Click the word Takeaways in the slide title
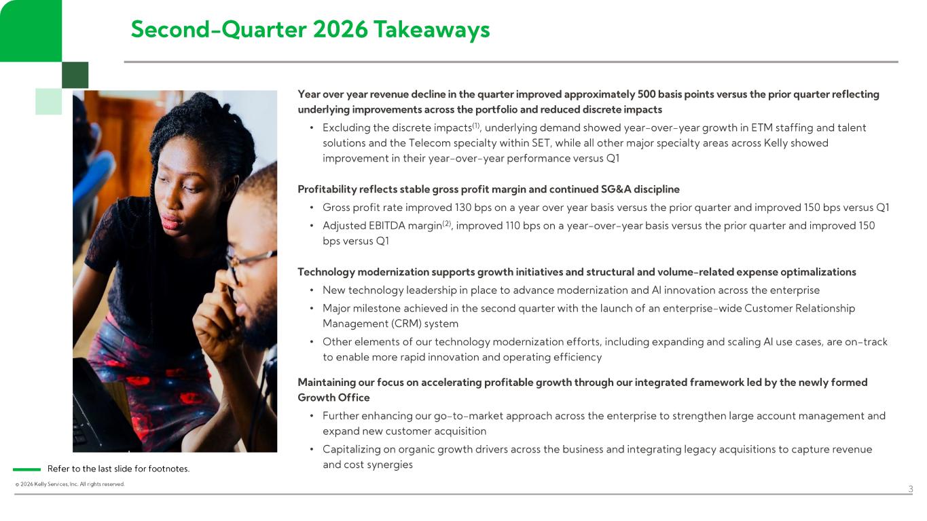pos(432,30)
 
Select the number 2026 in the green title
pos(340,29)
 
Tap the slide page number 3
pos(911,489)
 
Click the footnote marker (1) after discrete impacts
pos(476,125)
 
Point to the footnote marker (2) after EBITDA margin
pos(447,223)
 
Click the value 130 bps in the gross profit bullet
pos(473,207)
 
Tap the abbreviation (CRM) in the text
pos(405,324)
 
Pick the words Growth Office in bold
pos(333,398)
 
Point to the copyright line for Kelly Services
pos(69,484)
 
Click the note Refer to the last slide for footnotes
pos(118,469)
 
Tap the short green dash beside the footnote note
pos(27,469)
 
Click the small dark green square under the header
pos(75,75)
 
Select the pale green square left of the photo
pos(48,101)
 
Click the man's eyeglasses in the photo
pos(249,261)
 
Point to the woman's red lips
pos(171,221)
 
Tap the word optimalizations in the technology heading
pos(818,271)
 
